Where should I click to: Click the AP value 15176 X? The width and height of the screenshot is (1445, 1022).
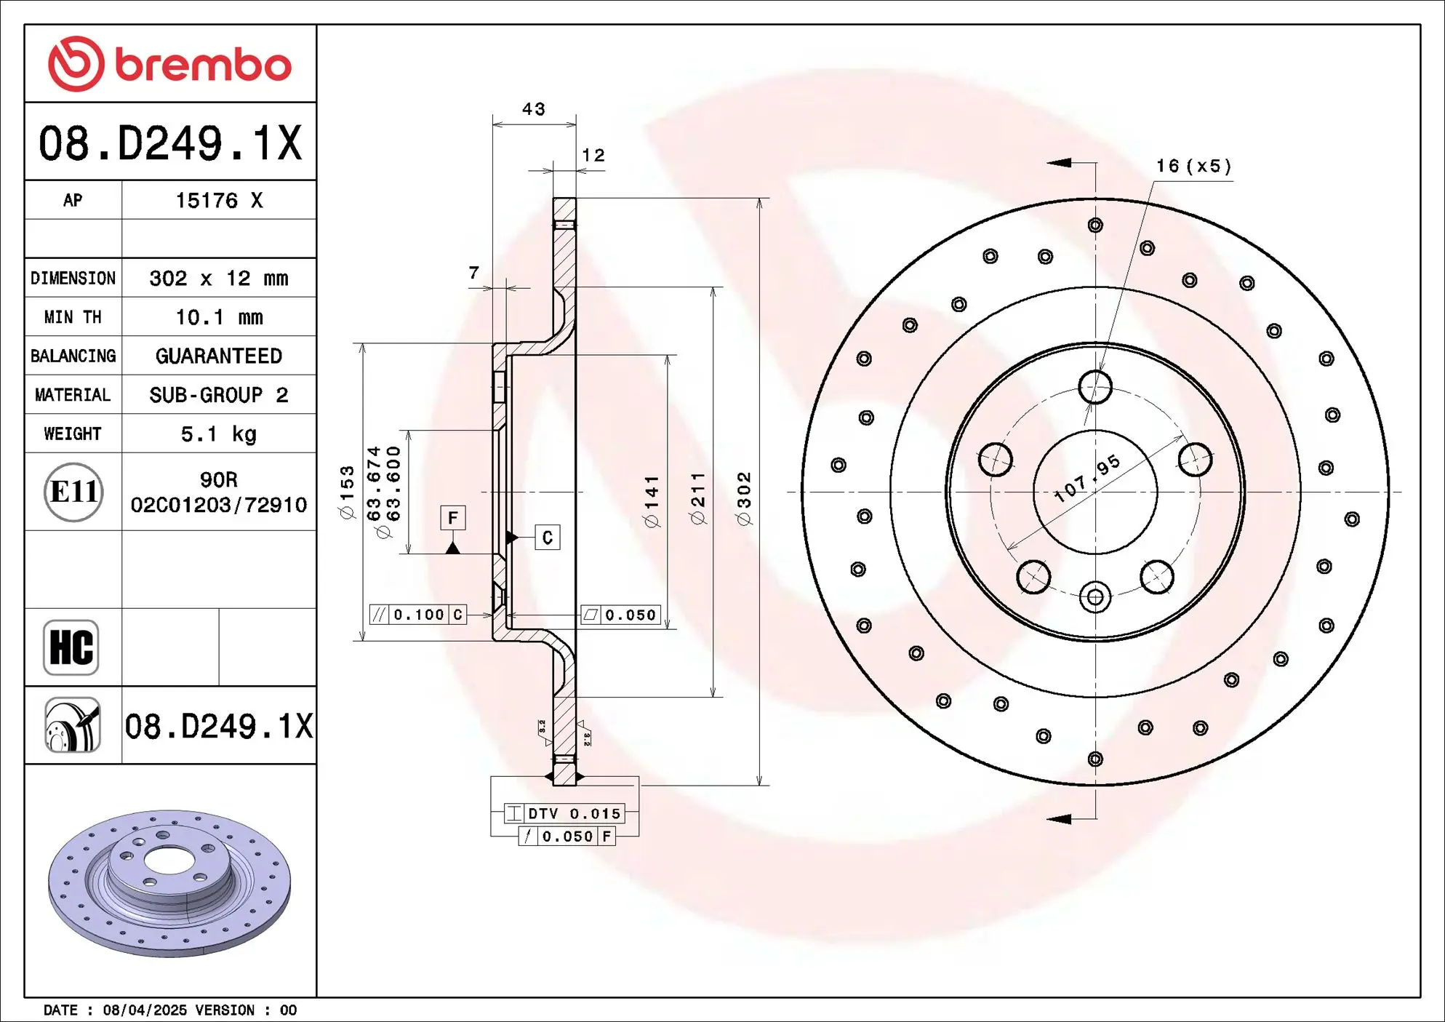(x=219, y=201)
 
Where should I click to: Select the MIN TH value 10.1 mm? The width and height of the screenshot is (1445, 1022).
(x=219, y=317)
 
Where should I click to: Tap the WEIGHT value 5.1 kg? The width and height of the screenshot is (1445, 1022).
(x=219, y=434)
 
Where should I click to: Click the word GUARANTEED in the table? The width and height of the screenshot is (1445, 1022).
(x=219, y=356)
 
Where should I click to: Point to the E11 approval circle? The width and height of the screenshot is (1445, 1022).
(x=73, y=492)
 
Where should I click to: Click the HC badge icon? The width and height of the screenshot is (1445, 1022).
(x=71, y=647)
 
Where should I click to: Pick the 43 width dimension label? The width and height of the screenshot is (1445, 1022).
(x=533, y=109)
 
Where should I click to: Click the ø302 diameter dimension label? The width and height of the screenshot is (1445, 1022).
(x=743, y=498)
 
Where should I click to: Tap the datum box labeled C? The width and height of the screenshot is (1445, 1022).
(x=547, y=538)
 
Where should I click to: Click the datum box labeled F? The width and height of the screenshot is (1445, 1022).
(x=453, y=518)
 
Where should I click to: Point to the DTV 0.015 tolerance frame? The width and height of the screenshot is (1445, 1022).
(x=564, y=813)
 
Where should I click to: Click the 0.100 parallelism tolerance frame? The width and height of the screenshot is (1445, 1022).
(x=418, y=615)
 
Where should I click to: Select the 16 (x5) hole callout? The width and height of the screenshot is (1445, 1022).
(x=1193, y=167)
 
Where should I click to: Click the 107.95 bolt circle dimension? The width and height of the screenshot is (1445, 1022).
(x=1087, y=479)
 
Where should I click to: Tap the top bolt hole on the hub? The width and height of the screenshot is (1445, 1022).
(x=1094, y=387)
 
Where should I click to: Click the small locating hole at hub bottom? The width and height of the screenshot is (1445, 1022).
(x=1094, y=598)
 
